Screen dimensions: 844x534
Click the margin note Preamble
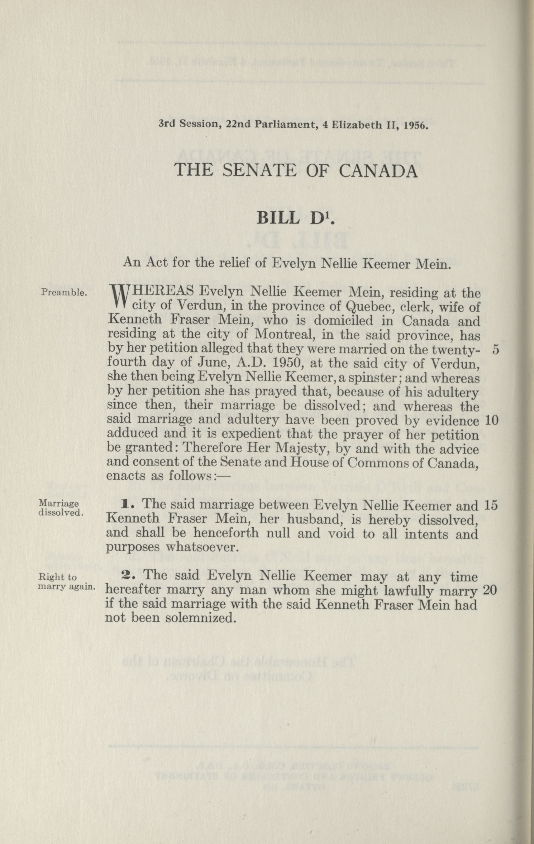64,292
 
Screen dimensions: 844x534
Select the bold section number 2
125,576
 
